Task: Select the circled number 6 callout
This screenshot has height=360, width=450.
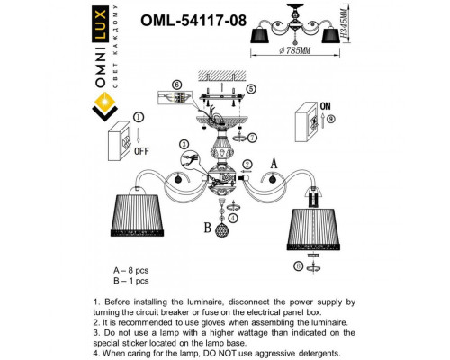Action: coord(176,85)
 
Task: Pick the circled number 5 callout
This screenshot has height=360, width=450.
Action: coord(250,88)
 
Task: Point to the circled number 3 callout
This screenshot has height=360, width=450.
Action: coord(184,144)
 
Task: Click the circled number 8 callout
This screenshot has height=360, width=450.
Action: coord(298,265)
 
